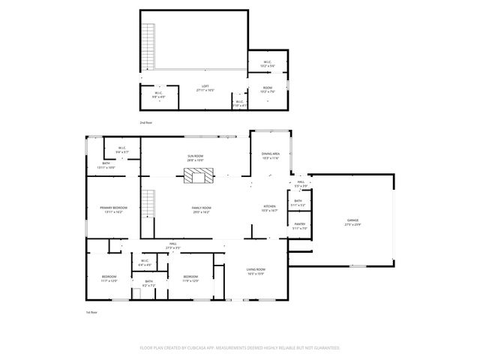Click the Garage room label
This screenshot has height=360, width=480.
[x=352, y=222]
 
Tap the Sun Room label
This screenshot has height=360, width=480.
[x=196, y=157]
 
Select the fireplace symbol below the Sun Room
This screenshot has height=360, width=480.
[x=199, y=175]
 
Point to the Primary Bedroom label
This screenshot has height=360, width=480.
[x=112, y=208]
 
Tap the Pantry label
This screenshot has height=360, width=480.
[x=299, y=226]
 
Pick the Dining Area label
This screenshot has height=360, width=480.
[x=270, y=156]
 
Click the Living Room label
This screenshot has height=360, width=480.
[x=256, y=271]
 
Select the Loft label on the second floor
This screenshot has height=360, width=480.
[x=205, y=87]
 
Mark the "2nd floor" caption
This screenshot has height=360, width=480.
[x=145, y=121]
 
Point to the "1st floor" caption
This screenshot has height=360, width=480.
[x=92, y=312]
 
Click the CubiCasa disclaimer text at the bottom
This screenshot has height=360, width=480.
[x=240, y=348]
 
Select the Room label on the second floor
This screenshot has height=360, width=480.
[x=267, y=90]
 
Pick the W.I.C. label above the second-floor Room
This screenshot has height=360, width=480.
[x=267, y=63]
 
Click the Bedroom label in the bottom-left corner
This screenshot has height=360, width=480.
[x=109, y=278]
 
